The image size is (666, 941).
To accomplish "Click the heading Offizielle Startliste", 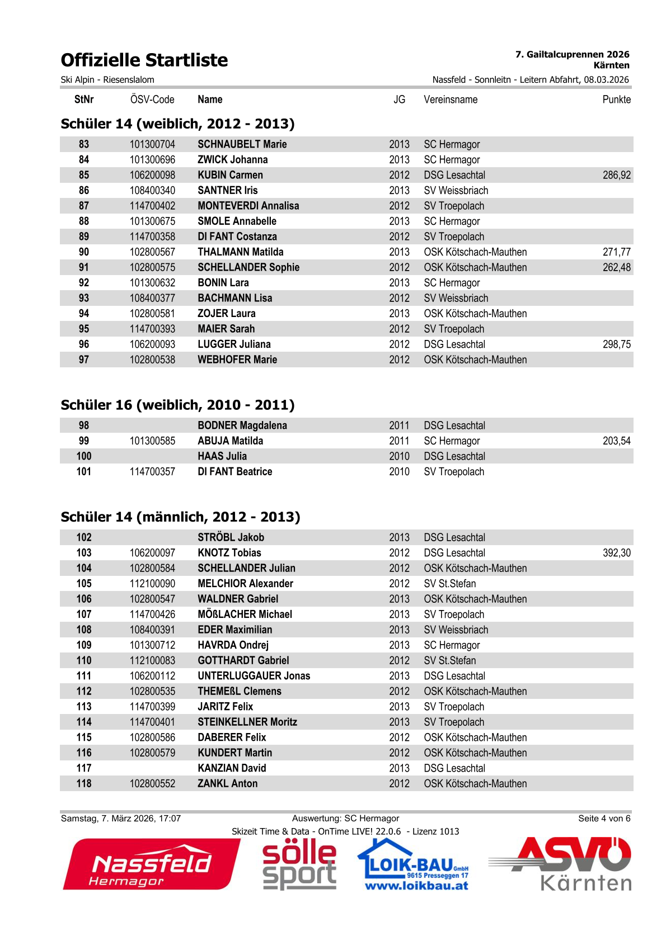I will (x=144, y=60).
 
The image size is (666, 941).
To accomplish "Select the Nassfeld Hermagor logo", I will (x=151, y=864).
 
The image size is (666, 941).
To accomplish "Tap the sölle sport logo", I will (x=299, y=864).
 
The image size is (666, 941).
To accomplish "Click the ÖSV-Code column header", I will (x=152, y=100).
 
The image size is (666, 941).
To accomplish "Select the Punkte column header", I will (x=616, y=100).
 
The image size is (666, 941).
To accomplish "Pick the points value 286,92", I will (x=616, y=175).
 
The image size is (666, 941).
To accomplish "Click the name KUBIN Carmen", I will (x=230, y=175).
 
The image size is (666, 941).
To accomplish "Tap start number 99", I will (x=84, y=441).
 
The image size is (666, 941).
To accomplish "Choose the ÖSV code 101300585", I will (x=152, y=441).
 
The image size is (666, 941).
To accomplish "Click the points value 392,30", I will (x=616, y=553).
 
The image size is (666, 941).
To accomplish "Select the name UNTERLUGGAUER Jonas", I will (x=254, y=676).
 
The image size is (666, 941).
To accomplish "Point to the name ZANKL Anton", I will (x=228, y=784).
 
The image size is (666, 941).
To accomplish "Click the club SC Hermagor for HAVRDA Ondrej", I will (x=452, y=645).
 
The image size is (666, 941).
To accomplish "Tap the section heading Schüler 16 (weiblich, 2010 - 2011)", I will (x=177, y=405).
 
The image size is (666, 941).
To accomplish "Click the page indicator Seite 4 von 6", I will (x=604, y=819).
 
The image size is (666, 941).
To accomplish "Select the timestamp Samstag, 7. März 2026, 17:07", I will (x=121, y=819).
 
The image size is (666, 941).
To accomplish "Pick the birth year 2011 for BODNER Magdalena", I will (x=399, y=425).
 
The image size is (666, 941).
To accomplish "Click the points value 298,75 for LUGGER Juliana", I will (x=616, y=344).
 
